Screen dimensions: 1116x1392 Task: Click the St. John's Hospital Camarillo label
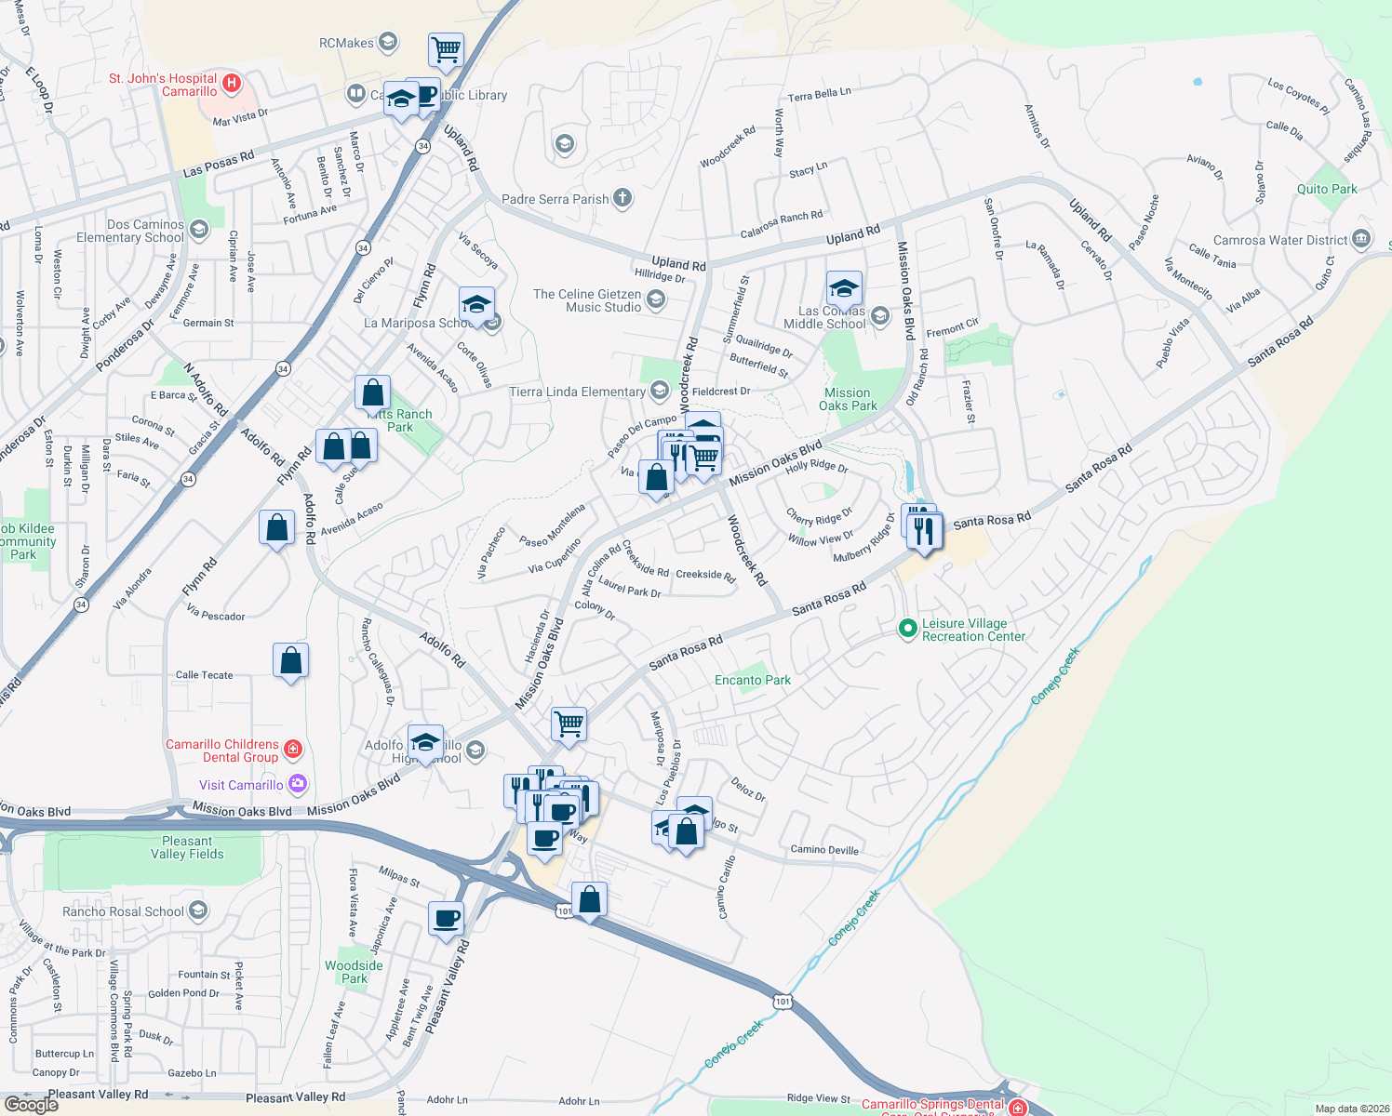163,85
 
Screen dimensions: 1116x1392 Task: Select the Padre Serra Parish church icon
622,198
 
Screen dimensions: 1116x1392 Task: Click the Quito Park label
1327,189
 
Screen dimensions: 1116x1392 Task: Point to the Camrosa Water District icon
1361,239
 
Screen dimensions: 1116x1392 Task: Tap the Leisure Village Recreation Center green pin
907,630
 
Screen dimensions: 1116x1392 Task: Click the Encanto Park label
752,680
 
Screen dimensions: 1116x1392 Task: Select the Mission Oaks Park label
848,399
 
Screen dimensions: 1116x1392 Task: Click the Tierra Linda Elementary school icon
660,391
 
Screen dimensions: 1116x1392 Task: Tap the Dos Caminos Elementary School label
130,231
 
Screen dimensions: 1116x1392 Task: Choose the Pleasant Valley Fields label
187,847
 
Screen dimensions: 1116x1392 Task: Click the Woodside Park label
354,972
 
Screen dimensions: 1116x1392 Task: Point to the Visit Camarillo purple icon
297,784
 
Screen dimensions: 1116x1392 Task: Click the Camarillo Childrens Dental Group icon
292,749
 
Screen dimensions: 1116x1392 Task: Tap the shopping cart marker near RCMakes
446,49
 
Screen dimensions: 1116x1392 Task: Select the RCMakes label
346,43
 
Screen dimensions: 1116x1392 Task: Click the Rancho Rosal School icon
197,910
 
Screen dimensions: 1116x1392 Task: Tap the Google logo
32,1104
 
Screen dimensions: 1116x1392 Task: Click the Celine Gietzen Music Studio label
587,300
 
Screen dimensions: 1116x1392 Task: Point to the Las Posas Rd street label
219,164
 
